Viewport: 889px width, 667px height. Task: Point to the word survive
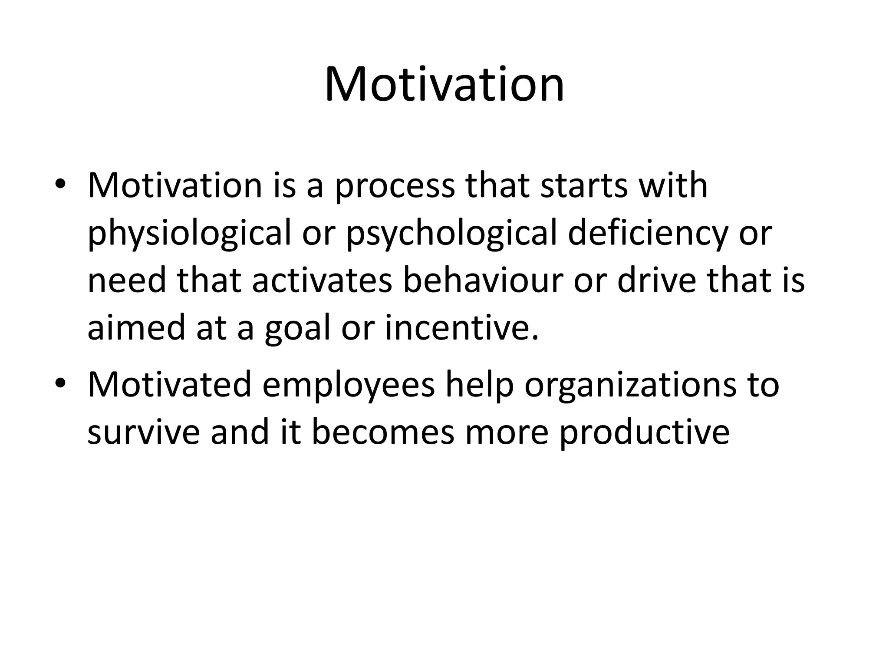point(144,433)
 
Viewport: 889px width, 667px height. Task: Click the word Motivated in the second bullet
point(170,384)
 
